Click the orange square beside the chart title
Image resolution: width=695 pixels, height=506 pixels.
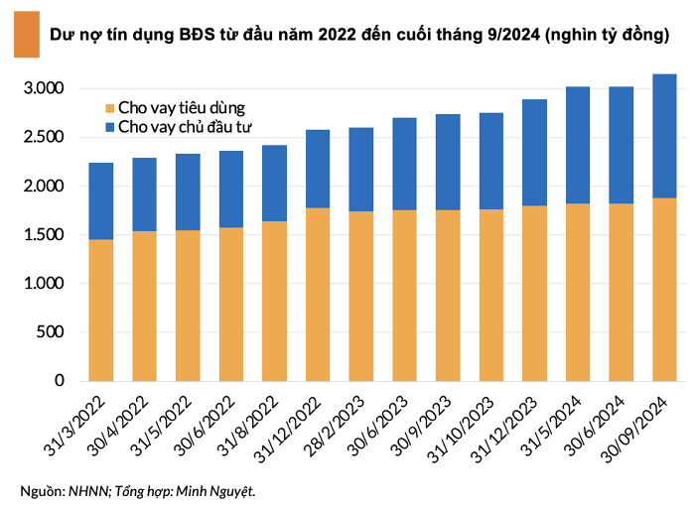coord(21,35)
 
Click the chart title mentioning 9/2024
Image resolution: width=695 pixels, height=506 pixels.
coord(358,36)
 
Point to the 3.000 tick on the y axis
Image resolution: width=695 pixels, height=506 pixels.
coord(44,89)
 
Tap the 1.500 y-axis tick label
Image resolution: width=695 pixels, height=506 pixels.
coord(44,235)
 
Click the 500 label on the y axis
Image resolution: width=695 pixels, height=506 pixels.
coord(51,332)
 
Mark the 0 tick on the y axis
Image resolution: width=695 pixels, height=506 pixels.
coord(60,381)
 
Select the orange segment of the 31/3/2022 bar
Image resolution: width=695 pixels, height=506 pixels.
coord(101,310)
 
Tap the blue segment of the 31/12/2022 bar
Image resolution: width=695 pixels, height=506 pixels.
coord(318,169)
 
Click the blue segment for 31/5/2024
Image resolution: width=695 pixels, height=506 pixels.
coord(578,145)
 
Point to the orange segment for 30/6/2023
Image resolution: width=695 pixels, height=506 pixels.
coord(405,295)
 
